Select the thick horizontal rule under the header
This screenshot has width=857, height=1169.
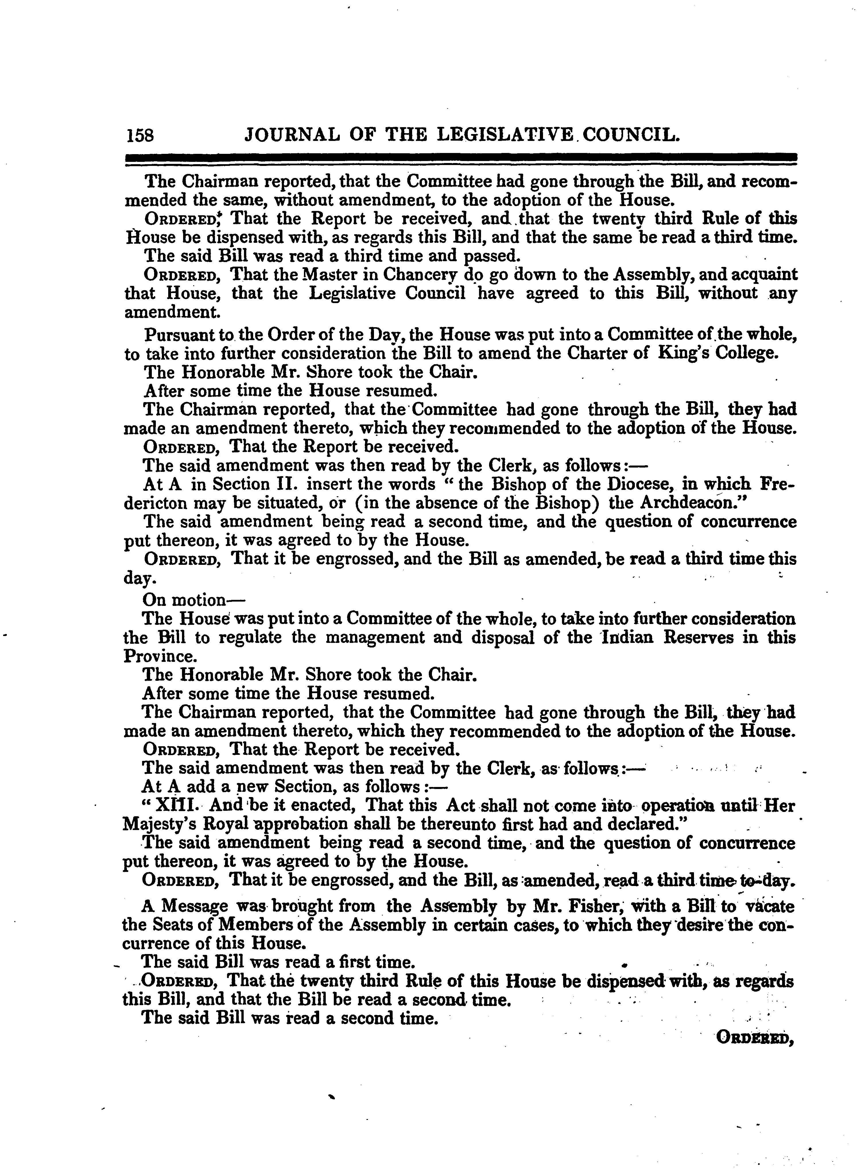tap(461, 157)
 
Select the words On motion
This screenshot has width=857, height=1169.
tap(185, 601)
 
